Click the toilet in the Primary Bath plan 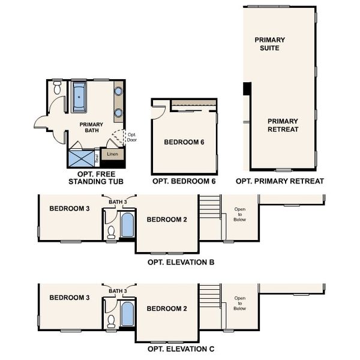[57, 88]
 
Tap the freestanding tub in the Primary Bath [79, 97]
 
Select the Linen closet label [113, 154]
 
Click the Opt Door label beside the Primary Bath [132, 137]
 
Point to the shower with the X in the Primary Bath [82, 158]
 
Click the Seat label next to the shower [97, 158]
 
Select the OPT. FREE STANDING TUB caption [96, 178]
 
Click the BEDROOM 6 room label [184, 142]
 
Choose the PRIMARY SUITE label [270, 44]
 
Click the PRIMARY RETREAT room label [283, 125]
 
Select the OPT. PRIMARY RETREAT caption [280, 181]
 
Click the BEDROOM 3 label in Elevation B [70, 208]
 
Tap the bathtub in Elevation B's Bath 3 [127, 225]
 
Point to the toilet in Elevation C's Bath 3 [111, 321]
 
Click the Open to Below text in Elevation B [239, 214]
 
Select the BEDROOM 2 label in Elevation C [167, 308]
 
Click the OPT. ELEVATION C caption [181, 349]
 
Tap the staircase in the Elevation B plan [211, 206]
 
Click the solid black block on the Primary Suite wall [247, 89]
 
